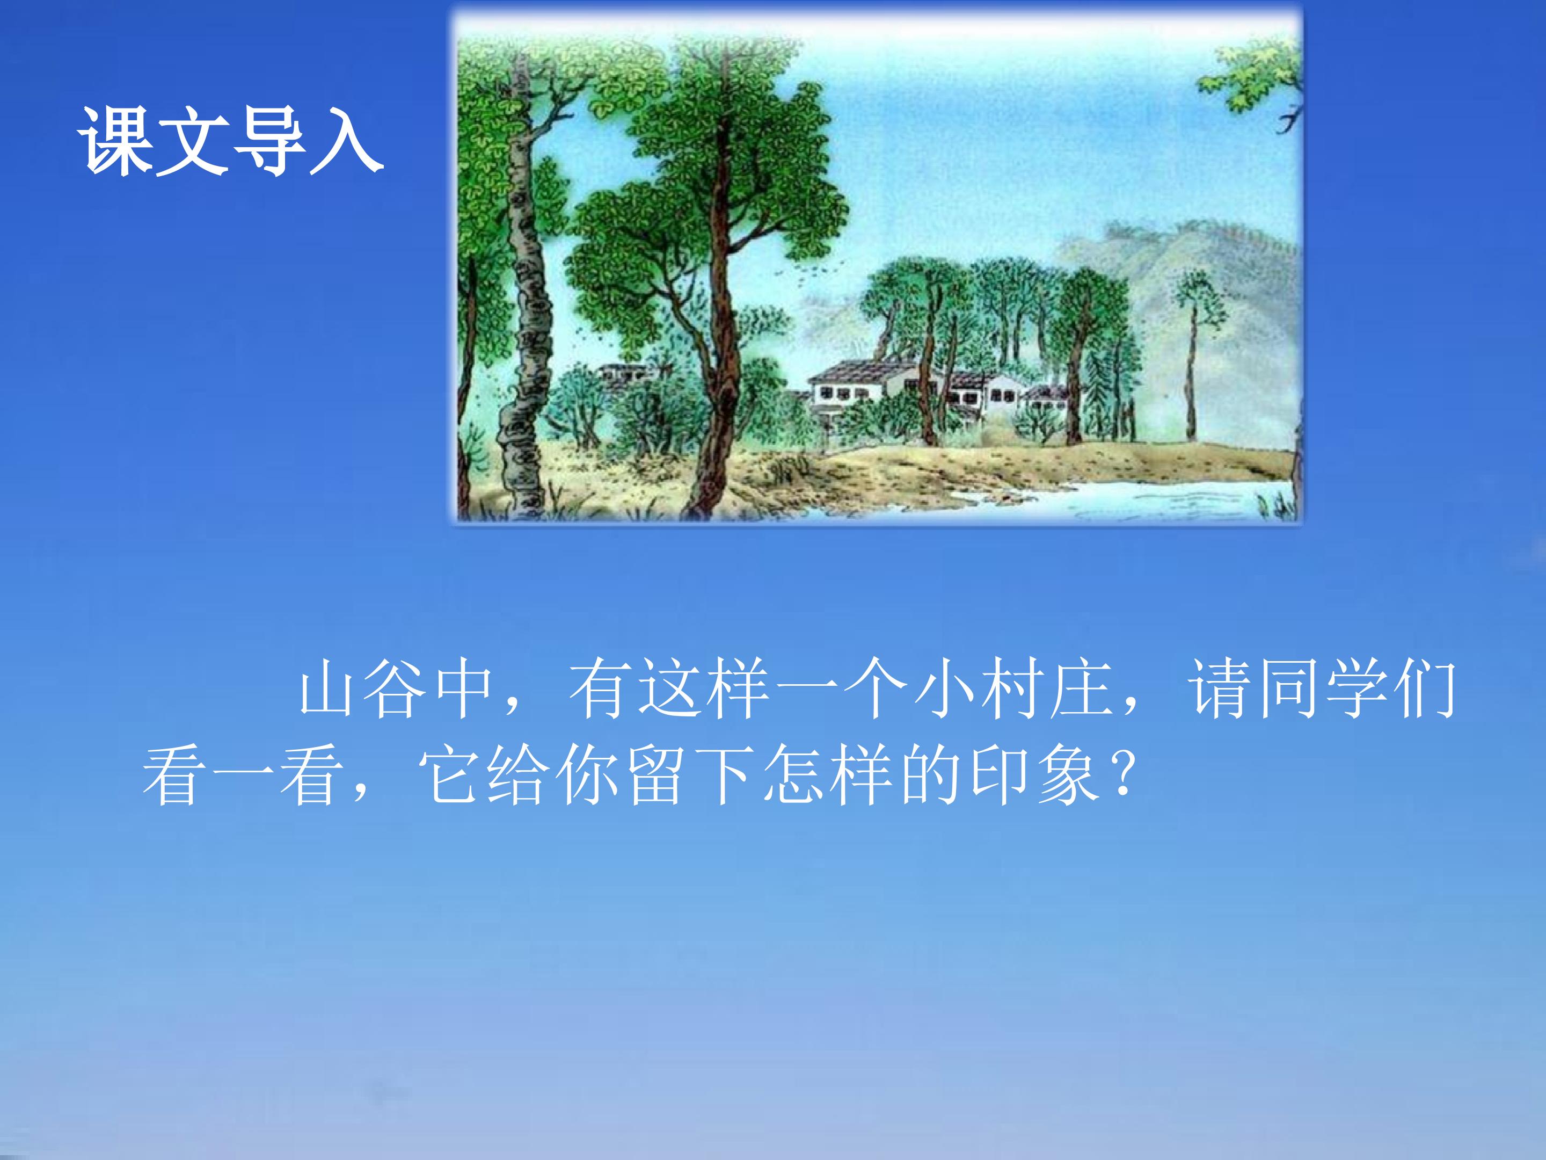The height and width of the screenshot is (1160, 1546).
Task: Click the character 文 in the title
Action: pyautogui.click(x=193, y=142)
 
